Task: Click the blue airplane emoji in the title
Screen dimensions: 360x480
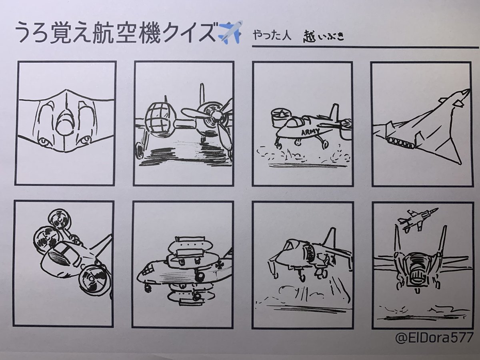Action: coord(230,32)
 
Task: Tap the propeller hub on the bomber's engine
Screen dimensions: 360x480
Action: coord(216,116)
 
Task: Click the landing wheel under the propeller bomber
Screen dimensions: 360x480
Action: coord(140,149)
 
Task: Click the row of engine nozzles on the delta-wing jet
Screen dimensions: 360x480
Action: coord(400,142)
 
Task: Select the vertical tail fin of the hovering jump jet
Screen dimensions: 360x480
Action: coord(330,238)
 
